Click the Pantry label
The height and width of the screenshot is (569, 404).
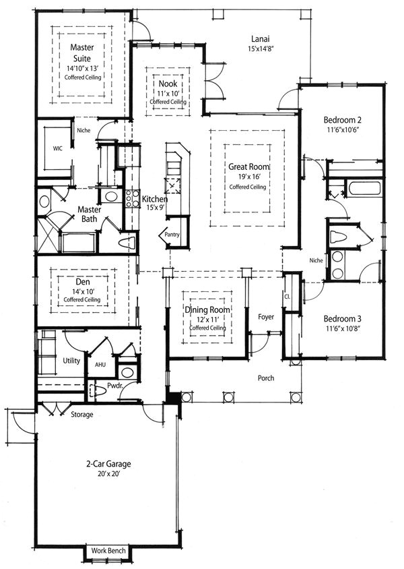(167, 235)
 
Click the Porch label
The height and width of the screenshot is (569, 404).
(266, 378)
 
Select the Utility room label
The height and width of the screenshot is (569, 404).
(71, 361)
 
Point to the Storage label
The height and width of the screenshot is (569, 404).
(82, 414)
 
